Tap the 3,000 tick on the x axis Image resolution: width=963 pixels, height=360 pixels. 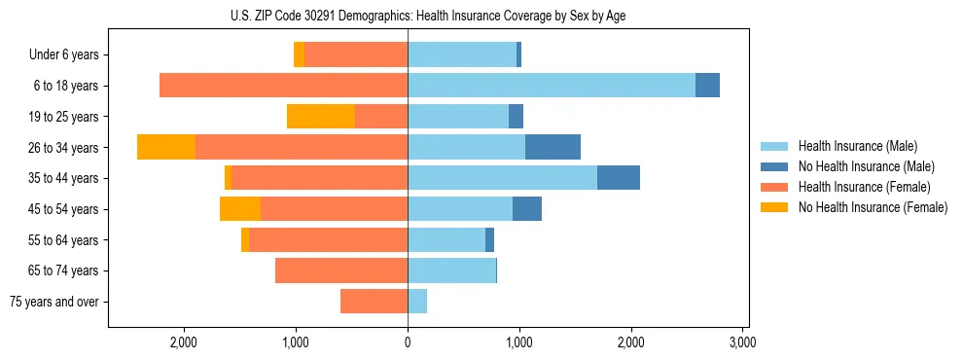[x=742, y=342]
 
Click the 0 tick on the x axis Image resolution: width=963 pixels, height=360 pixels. [x=408, y=342]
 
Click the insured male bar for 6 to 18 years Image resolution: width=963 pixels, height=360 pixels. [x=552, y=86]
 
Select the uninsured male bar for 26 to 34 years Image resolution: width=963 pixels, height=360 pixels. [x=553, y=147]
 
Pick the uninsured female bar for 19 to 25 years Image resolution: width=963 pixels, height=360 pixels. [x=321, y=117]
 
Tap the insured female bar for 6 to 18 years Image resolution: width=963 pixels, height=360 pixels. [x=283, y=86]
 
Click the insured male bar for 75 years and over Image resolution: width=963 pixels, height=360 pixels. [x=417, y=302]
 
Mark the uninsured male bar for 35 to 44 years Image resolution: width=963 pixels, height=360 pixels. [x=619, y=178]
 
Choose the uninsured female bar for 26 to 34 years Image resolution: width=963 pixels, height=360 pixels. [x=166, y=147]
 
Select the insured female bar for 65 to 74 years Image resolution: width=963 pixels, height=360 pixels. [x=341, y=270]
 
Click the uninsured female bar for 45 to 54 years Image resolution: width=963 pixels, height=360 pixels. [x=240, y=209]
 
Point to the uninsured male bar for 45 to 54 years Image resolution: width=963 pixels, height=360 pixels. [x=527, y=209]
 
